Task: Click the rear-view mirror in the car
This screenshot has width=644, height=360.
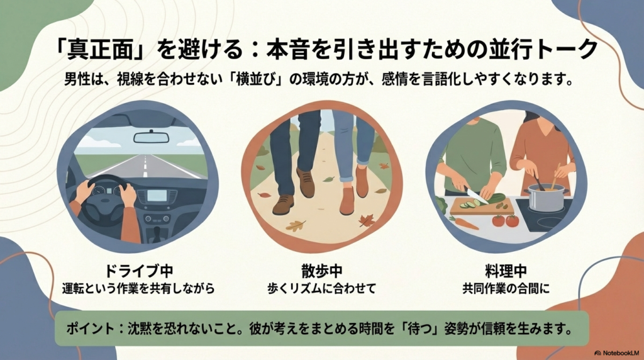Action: pos(151,137)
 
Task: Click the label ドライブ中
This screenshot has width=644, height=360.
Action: pos(139,272)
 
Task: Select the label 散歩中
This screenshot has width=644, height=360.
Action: pos(322,272)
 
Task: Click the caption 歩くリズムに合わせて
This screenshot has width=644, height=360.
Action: pos(322,289)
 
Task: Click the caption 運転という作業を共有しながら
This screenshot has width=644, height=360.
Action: pos(139,289)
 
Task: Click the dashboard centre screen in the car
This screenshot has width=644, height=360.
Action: pos(157,196)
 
